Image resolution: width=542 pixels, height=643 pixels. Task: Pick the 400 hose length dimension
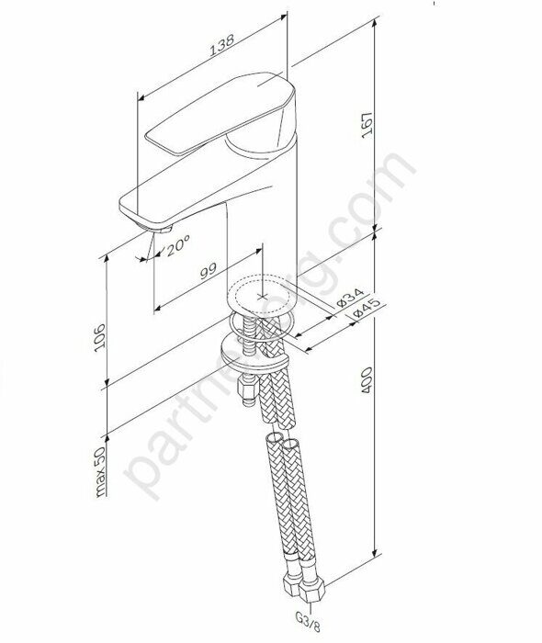point(368,387)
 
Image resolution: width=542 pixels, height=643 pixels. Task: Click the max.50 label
point(104,472)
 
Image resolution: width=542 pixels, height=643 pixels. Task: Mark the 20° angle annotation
point(178,243)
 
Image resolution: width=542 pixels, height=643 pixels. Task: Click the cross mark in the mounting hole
point(264,297)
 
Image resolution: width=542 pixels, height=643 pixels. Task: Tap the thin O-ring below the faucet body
point(262,321)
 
